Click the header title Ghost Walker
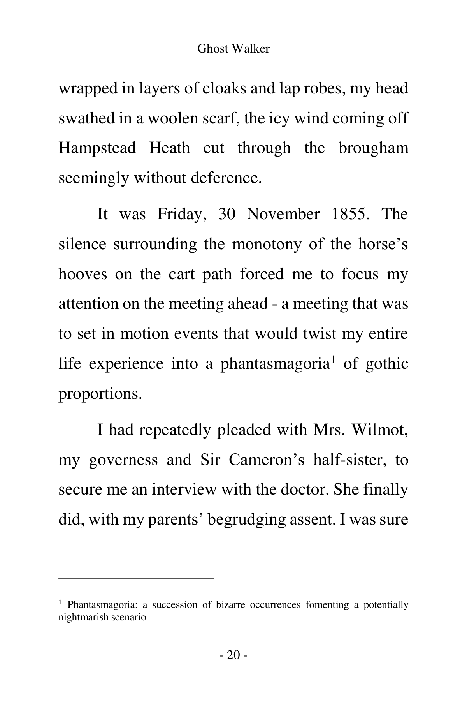click(x=233, y=49)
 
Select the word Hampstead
click(x=97, y=148)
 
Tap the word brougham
click(x=373, y=148)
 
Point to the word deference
click(x=226, y=178)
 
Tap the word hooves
click(x=83, y=274)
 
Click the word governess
click(x=123, y=460)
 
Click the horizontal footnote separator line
click(x=136, y=578)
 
